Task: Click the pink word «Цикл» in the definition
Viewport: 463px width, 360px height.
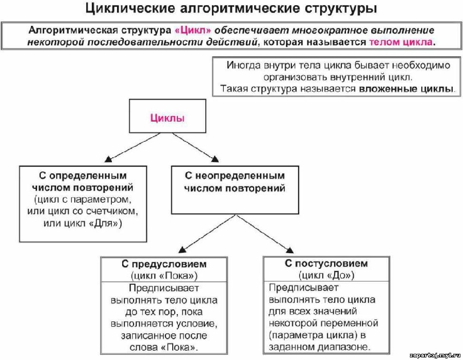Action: pyautogui.click(x=193, y=30)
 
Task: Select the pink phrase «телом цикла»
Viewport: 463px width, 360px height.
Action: pyautogui.click(x=401, y=42)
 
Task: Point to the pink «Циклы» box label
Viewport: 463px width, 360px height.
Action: pyautogui.click(x=168, y=118)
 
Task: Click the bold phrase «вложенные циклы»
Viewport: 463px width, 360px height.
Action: pyautogui.click(x=406, y=89)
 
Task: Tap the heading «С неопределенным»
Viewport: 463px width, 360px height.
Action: pyautogui.click(x=235, y=175)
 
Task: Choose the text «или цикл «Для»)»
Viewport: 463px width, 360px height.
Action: pyautogui.click(x=82, y=223)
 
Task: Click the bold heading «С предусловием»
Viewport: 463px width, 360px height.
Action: pyautogui.click(x=164, y=264)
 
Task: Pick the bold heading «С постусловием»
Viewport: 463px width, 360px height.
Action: pyautogui.click(x=326, y=263)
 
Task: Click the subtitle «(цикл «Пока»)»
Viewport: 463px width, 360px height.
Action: pyautogui.click(x=164, y=275)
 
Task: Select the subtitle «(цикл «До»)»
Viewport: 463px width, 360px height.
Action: pyautogui.click(x=326, y=275)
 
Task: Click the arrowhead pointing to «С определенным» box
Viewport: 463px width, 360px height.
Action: pyautogui.click(x=108, y=159)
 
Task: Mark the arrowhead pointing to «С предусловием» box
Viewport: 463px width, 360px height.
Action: pyautogui.click(x=182, y=250)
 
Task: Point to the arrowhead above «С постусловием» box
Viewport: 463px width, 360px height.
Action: pyautogui.click(x=290, y=250)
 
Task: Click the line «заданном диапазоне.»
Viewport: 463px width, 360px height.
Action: pyautogui.click(x=320, y=347)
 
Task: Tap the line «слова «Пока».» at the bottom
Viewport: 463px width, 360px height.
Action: pyautogui.click(x=164, y=347)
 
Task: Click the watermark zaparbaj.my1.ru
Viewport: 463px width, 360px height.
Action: pyautogui.click(x=435, y=355)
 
